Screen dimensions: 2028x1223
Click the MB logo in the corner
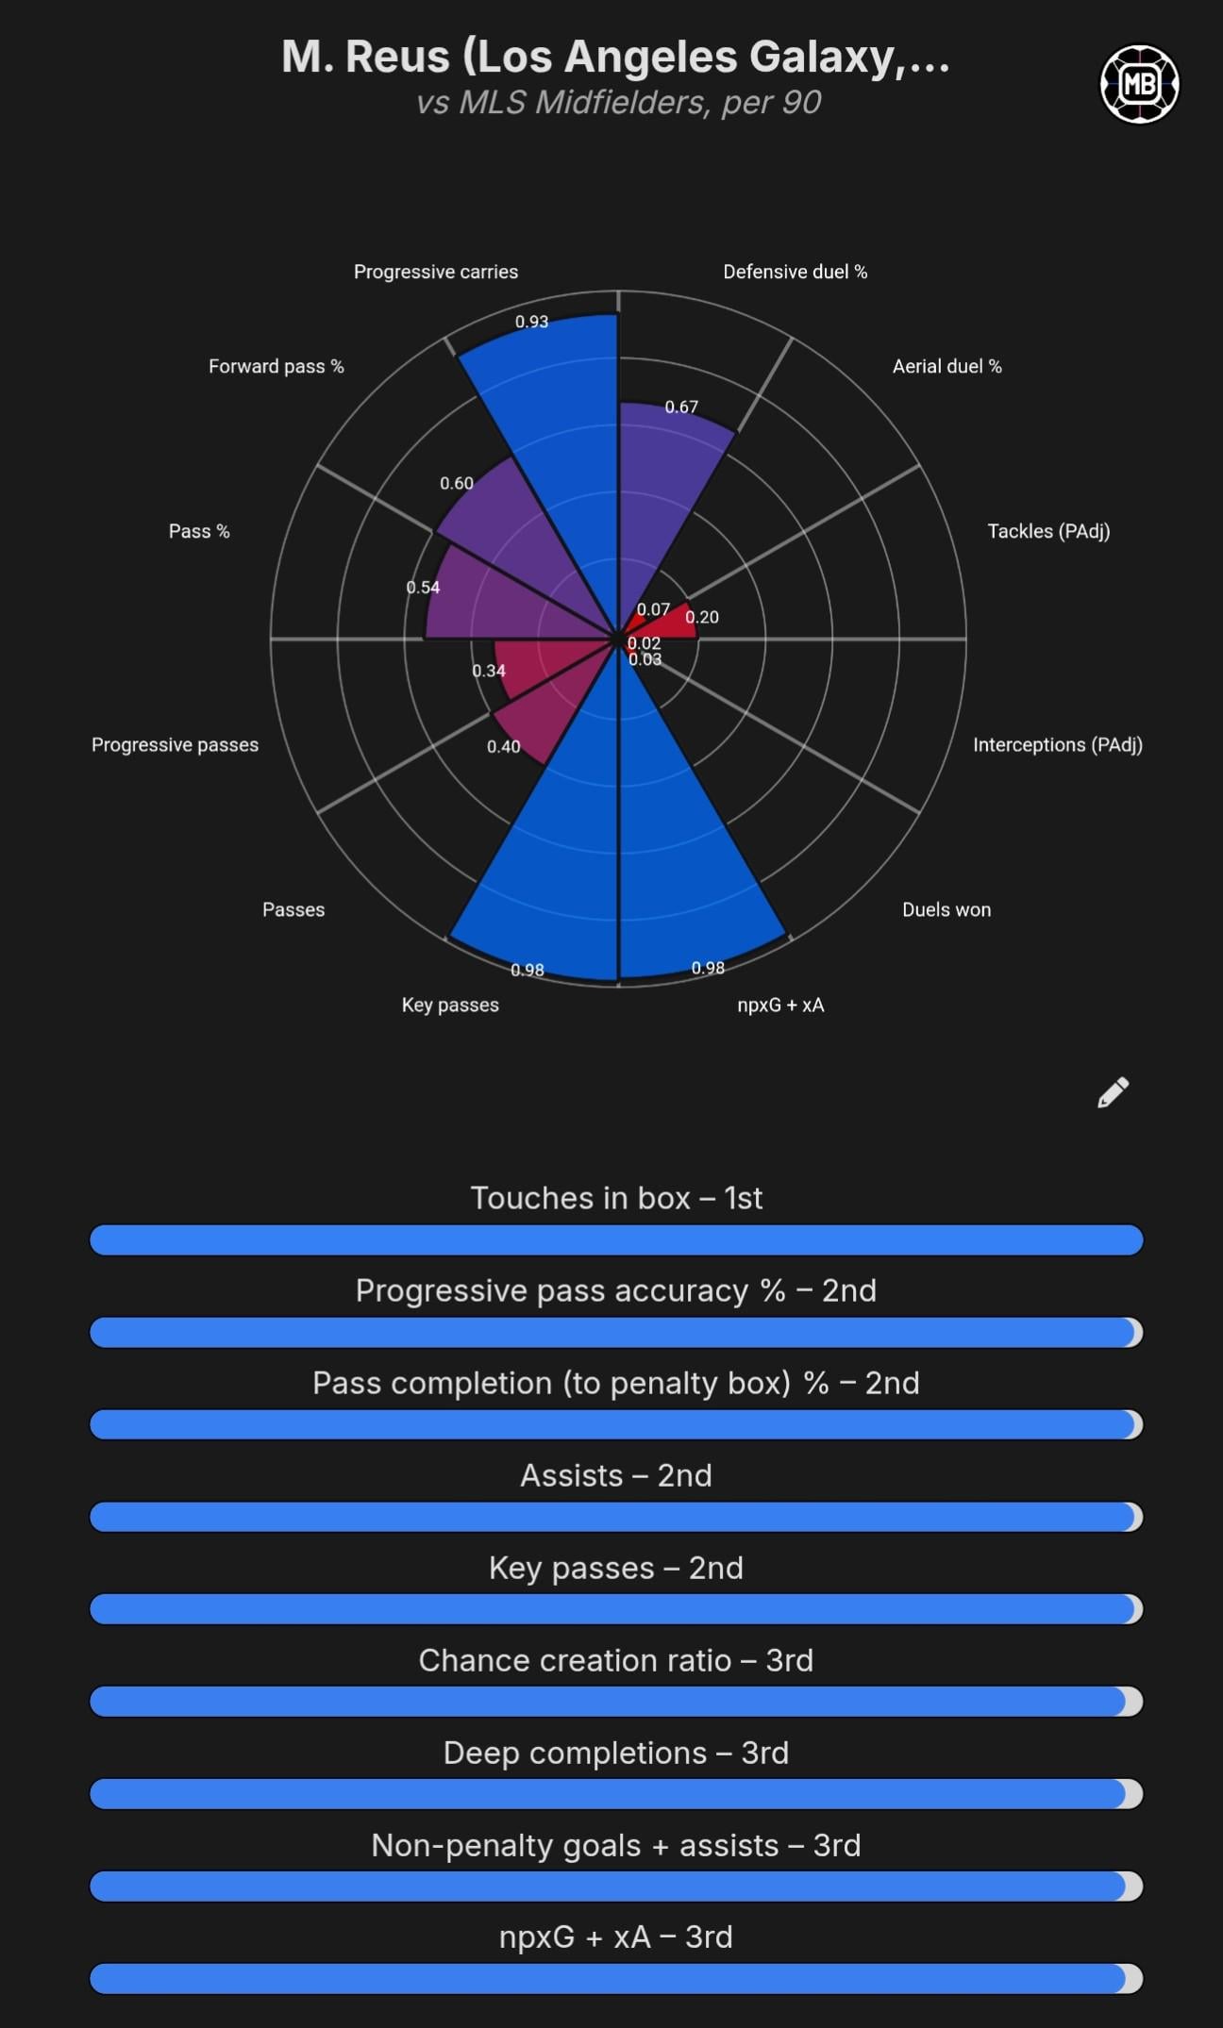point(1139,84)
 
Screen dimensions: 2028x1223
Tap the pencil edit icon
point(1114,1092)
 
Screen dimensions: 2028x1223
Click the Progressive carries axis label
point(435,272)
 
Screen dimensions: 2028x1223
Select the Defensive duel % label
point(795,272)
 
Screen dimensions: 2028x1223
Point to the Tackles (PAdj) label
point(1047,531)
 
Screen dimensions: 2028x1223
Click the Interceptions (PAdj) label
point(1057,744)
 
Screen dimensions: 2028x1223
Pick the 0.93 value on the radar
point(531,322)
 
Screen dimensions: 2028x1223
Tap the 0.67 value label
point(681,407)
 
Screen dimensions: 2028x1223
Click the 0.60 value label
point(457,483)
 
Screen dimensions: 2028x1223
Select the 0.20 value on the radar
point(702,617)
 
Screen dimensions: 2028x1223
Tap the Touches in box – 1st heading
point(616,1198)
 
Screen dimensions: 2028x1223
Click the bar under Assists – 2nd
point(616,1517)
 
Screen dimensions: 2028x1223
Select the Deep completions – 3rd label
point(616,1753)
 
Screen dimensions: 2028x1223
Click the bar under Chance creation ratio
point(616,1702)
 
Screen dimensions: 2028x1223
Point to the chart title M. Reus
point(616,57)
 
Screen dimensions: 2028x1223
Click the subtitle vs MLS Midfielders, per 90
point(618,102)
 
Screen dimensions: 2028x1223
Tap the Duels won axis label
point(946,909)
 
